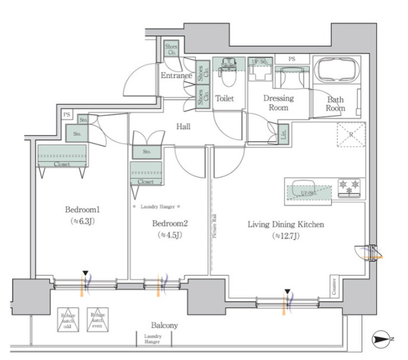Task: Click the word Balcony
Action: [164, 326]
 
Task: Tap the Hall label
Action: [183, 127]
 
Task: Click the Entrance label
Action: [176, 75]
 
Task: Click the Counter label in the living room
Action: [335, 288]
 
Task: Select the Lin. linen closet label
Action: [283, 134]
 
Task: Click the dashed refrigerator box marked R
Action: [350, 134]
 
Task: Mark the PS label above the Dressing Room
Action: [292, 59]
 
